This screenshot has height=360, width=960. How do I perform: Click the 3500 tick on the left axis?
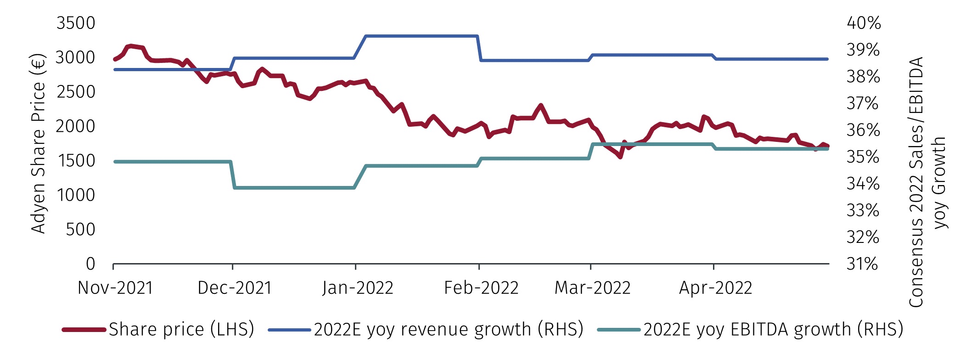[76, 23]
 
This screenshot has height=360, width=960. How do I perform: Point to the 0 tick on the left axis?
[90, 264]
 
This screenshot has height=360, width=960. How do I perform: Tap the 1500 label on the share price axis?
[76, 161]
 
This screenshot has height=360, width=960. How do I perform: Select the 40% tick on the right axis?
[864, 23]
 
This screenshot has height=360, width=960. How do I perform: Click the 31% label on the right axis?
[862, 264]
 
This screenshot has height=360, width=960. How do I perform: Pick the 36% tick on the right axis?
[863, 130]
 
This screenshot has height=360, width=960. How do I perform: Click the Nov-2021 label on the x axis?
[115, 288]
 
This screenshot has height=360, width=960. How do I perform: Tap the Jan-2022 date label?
[358, 288]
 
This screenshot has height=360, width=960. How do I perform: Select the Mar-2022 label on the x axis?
[592, 288]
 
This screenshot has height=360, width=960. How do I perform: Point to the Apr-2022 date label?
[715, 288]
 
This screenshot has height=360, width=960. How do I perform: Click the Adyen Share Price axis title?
[39, 144]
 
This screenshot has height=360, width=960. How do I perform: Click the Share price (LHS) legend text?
[181, 329]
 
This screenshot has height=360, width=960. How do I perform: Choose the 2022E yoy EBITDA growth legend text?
[773, 329]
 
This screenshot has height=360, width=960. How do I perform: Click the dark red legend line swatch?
[84, 329]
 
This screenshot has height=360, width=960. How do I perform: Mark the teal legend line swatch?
[618, 329]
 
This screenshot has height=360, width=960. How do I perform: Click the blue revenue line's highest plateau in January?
[421, 36]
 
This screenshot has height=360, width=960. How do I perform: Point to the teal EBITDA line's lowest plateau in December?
[294, 188]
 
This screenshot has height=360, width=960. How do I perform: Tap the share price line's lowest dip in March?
[620, 157]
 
